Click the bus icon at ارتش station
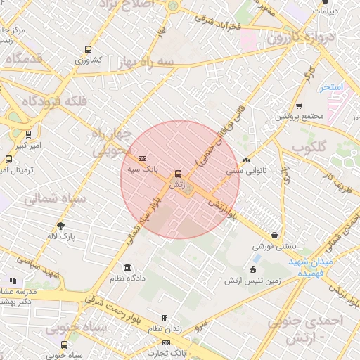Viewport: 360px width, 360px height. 177,173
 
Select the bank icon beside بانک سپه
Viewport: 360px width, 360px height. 142,159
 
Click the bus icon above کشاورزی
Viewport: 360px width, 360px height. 88,49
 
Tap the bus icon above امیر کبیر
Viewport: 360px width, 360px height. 28,134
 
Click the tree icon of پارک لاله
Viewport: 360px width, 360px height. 61,226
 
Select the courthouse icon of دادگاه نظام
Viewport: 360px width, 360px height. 127,268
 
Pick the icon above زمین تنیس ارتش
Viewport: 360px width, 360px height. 253,269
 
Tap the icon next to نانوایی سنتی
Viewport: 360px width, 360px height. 246,160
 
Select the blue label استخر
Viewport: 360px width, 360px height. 330,87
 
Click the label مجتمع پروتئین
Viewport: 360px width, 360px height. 299,115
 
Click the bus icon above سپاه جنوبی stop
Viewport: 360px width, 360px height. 65,345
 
